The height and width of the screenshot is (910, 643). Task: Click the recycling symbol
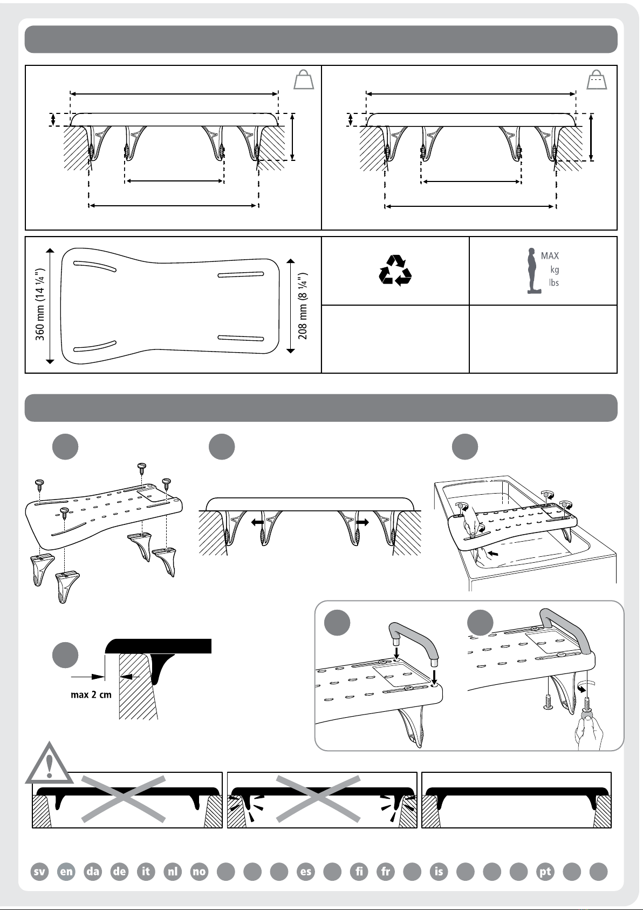(395, 271)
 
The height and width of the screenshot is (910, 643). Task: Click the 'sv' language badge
(39, 871)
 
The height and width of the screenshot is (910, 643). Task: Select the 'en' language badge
(66, 871)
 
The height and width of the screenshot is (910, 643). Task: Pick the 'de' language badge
(120, 871)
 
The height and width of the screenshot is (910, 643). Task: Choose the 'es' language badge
(306, 871)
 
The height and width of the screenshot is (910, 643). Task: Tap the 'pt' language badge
(545, 871)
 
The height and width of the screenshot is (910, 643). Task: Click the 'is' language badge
(439, 871)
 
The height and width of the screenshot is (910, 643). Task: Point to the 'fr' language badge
(386, 871)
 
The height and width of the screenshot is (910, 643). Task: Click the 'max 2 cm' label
(91, 695)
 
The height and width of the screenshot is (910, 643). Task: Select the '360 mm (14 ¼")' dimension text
(39, 305)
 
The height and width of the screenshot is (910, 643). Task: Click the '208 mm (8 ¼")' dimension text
(303, 306)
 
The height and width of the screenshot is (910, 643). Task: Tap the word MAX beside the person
(550, 255)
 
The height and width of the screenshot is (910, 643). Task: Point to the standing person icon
(533, 271)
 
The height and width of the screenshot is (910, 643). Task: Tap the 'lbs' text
(554, 282)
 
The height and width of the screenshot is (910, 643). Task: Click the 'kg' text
(554, 269)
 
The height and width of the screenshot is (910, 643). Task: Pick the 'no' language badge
(200, 871)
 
